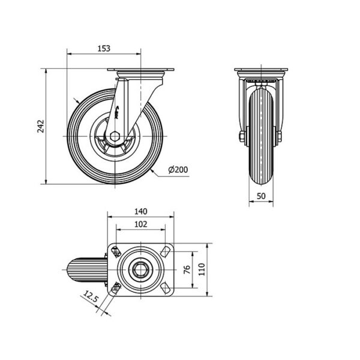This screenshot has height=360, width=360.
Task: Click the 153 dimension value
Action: (104, 49)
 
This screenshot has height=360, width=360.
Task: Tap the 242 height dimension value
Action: (41, 126)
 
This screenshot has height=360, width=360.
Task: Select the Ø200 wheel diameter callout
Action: (178, 170)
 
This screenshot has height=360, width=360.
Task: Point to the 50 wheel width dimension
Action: (261, 196)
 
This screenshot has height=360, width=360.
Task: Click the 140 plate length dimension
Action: (141, 211)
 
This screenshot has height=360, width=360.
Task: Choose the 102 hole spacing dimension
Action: (141, 224)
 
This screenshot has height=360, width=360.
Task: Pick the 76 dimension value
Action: (187, 269)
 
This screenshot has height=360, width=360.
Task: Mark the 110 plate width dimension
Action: (202, 269)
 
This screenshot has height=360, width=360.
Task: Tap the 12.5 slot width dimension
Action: (90, 296)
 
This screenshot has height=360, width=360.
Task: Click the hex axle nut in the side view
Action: (115, 136)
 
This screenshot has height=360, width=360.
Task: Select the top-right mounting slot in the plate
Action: (165, 251)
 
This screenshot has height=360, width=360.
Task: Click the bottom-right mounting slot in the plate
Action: (165, 288)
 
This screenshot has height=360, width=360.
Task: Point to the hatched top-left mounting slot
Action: (116, 251)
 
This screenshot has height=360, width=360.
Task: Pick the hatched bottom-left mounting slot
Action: (116, 288)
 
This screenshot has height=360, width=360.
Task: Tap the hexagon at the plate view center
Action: (140, 269)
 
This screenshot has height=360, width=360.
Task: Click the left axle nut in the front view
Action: (242, 137)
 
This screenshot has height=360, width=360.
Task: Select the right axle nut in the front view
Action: (280, 137)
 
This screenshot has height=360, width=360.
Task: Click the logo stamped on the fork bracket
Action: (117, 113)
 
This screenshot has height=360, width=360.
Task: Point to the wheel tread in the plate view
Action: (87, 269)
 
